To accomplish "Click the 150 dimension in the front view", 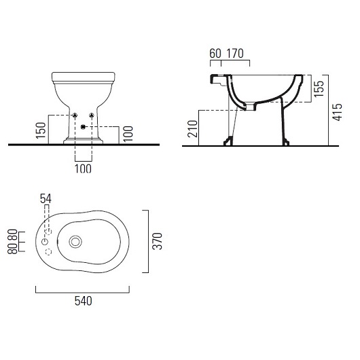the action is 41,130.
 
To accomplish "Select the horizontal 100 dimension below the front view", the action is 83,168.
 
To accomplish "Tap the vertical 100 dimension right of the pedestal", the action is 128,134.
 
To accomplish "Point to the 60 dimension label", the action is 215,54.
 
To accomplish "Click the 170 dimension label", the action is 235,54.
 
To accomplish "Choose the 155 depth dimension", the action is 319,88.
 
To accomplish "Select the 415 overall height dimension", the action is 338,112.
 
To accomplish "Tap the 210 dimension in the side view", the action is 192,129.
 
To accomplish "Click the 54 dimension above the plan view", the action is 46,199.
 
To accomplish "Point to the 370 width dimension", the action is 158,241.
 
